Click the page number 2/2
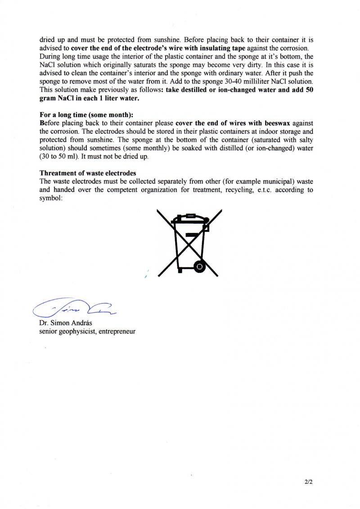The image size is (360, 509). [308, 481]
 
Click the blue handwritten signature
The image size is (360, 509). [74, 307]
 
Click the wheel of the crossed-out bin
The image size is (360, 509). [199, 267]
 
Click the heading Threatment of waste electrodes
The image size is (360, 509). [88, 173]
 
